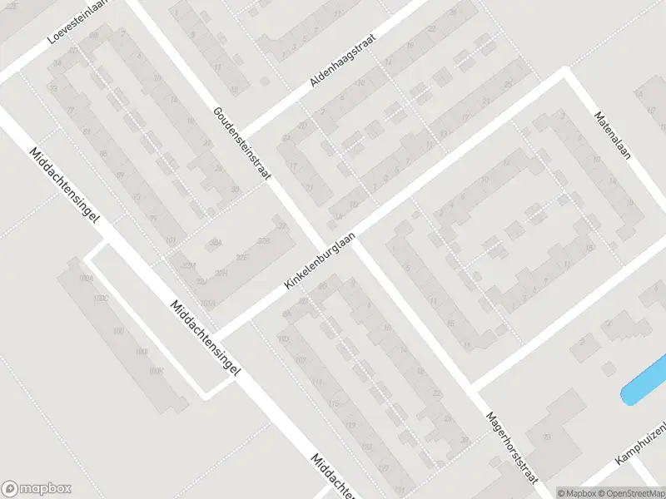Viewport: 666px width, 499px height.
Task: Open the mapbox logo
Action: coord(37,489)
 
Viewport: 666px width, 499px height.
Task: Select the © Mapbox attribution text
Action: coord(576,493)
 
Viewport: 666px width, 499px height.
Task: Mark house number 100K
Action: coord(157,373)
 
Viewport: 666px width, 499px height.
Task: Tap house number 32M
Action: coord(189,265)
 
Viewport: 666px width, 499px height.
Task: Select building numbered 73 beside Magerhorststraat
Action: coord(548,436)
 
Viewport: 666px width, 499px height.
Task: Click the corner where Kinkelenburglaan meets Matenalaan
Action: coord(565,76)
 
